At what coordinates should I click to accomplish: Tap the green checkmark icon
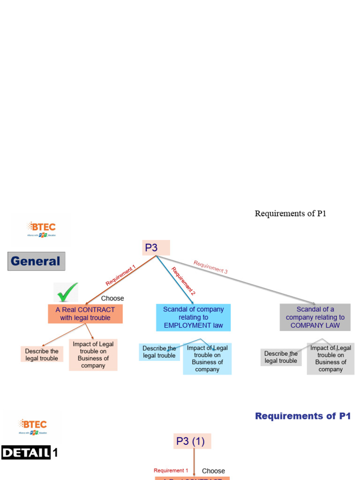click(x=66, y=293)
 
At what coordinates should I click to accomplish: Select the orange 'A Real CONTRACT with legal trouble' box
click(x=85, y=314)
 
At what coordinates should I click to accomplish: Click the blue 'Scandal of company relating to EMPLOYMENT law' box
click(x=193, y=317)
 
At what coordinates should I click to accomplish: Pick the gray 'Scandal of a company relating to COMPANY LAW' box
click(x=315, y=317)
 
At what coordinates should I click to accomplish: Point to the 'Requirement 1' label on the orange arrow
click(x=120, y=276)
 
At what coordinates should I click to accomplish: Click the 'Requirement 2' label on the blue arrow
click(x=183, y=281)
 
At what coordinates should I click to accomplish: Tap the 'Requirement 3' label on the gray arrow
click(x=210, y=267)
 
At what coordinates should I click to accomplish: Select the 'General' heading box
click(x=36, y=261)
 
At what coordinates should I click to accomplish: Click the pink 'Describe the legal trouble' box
click(x=42, y=354)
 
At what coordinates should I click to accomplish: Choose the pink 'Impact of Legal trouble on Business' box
click(x=93, y=355)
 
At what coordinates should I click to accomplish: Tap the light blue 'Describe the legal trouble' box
click(x=159, y=352)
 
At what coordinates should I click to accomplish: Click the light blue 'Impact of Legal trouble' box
click(x=207, y=359)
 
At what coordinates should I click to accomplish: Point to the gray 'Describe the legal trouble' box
click(x=281, y=357)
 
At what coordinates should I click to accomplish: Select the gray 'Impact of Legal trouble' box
click(x=330, y=359)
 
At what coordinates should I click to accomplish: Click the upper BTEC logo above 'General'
click(x=41, y=230)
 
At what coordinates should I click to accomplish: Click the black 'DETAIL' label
click(x=26, y=453)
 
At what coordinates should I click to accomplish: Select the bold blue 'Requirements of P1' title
click(x=303, y=416)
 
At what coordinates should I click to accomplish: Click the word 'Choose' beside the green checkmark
click(x=112, y=298)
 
